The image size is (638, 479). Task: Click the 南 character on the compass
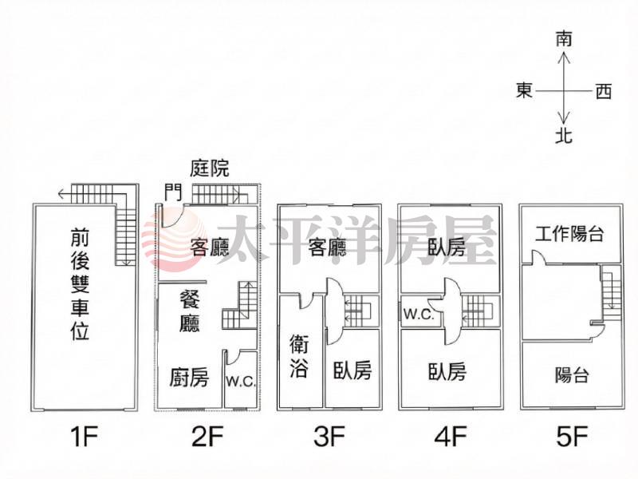(564, 39)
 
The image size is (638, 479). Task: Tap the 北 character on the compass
(564, 135)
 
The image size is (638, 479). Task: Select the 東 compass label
(525, 90)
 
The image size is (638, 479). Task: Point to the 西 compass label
(604, 91)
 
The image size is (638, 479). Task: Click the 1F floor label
(85, 436)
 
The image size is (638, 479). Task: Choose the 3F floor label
(329, 436)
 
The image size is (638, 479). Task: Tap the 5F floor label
(572, 436)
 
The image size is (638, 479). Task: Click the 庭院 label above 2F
(210, 168)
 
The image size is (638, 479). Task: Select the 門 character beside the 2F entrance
(173, 192)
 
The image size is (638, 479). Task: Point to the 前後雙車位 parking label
(80, 283)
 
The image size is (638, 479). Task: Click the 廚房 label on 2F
(189, 377)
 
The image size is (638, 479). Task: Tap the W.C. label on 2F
(241, 382)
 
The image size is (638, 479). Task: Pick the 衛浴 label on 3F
(299, 355)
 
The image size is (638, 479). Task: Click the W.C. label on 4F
(419, 314)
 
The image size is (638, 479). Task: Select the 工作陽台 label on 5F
(569, 234)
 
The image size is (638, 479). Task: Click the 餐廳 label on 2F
(190, 311)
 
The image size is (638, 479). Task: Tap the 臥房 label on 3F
(352, 370)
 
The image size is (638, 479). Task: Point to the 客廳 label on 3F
(328, 247)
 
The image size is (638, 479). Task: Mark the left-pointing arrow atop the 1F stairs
(65, 194)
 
